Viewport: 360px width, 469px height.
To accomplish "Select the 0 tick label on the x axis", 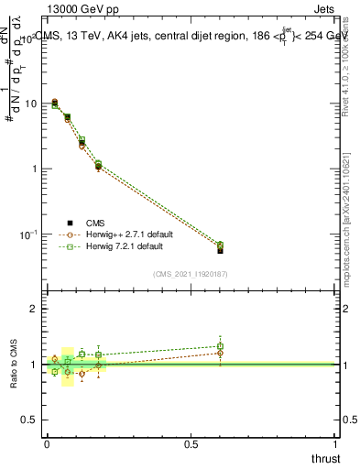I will [x=46, y=443].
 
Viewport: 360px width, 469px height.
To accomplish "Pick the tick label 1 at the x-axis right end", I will [x=336, y=443].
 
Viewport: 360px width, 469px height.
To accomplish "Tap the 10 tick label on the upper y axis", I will [x=29, y=104].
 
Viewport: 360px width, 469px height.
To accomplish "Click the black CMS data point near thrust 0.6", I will [x=220, y=250].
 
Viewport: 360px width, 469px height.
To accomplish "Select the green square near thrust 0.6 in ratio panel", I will [x=220, y=346].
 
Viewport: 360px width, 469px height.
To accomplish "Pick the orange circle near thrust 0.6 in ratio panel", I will [x=220, y=353].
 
